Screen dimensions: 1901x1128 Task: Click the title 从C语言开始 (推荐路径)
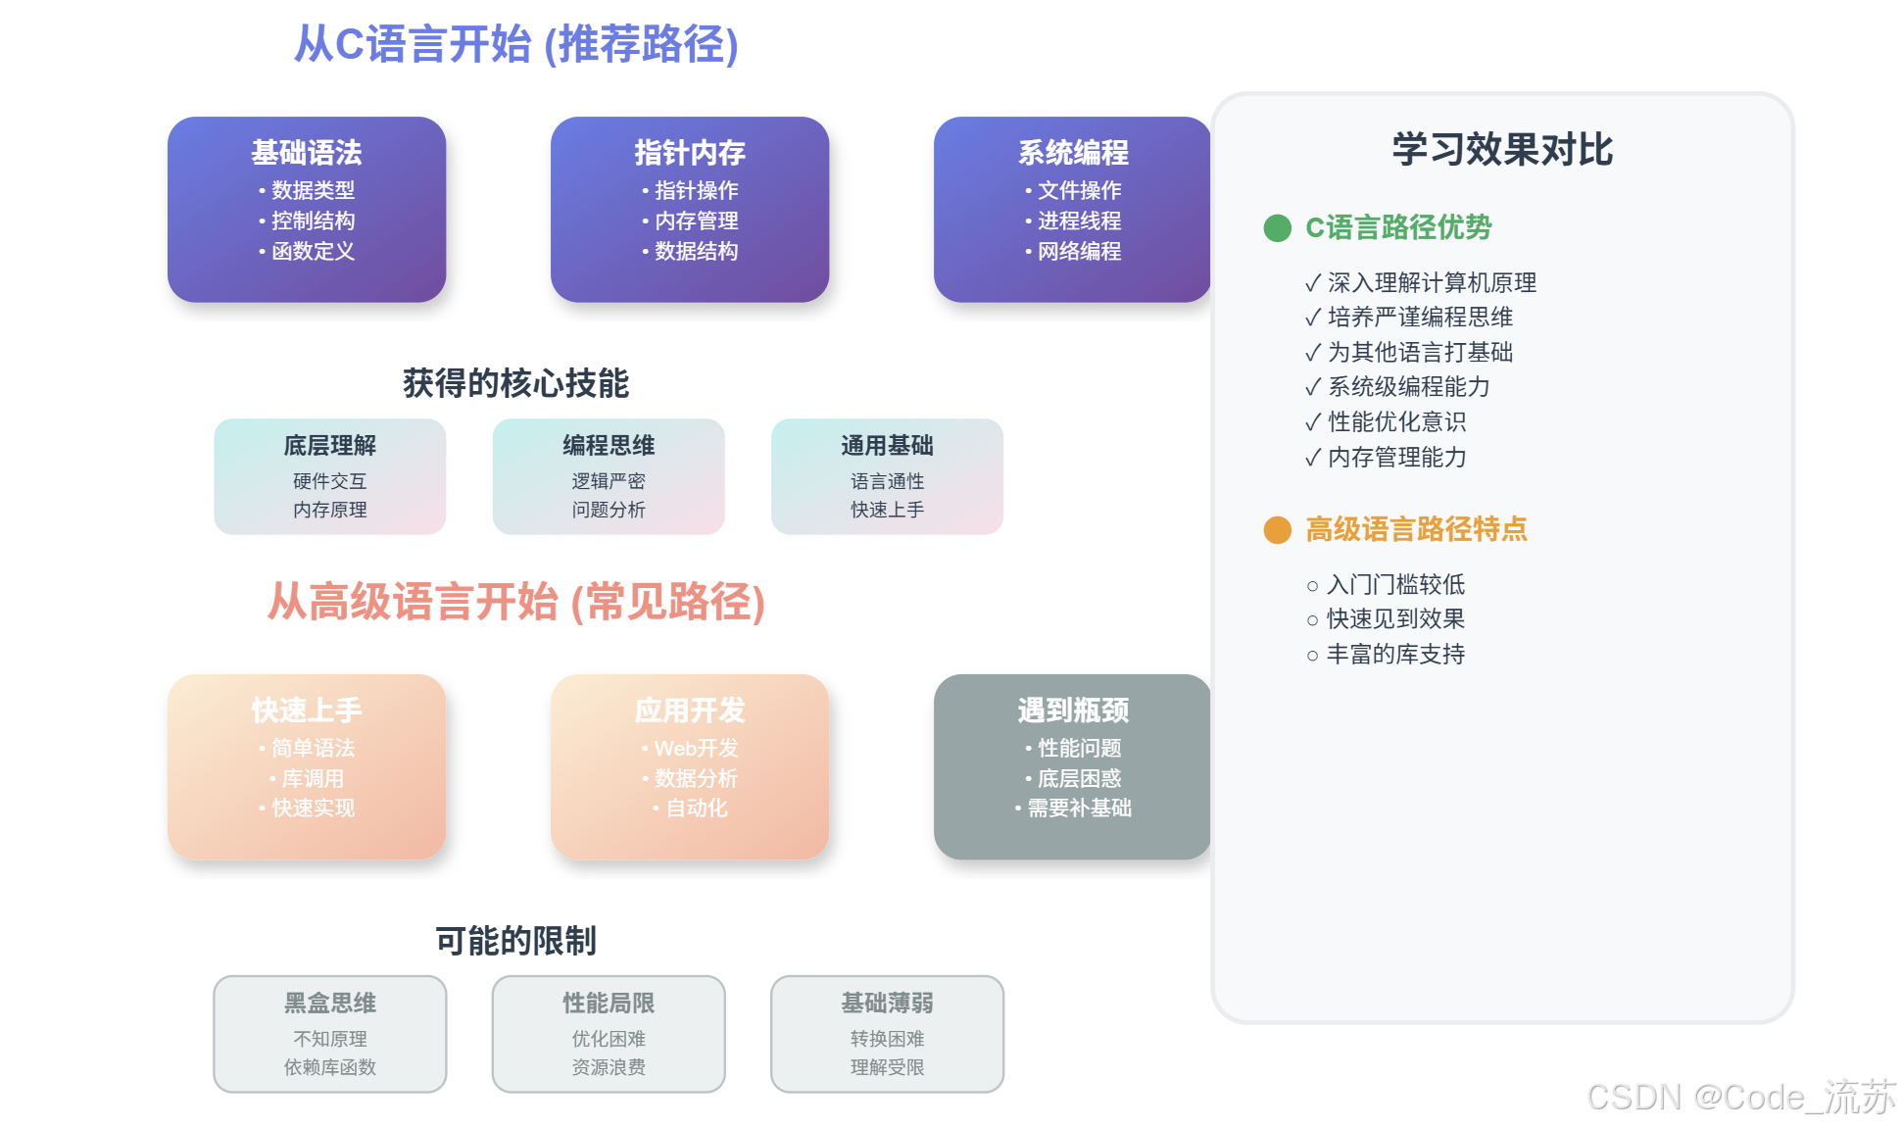point(516,44)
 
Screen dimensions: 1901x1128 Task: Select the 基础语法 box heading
point(306,152)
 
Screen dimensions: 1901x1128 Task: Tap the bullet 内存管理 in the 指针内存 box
point(696,221)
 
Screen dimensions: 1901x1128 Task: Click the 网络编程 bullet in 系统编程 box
point(1079,251)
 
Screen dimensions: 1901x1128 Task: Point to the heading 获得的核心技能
point(515,383)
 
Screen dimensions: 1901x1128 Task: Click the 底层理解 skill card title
point(330,446)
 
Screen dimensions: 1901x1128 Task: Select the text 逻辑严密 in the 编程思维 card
point(609,481)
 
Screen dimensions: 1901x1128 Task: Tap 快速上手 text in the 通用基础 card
point(887,510)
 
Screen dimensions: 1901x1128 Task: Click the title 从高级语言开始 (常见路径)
point(516,602)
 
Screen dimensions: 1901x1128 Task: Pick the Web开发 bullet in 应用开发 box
point(696,748)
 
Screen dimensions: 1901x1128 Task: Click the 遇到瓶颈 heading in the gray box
point(1073,710)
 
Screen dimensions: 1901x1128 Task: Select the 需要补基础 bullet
point(1079,808)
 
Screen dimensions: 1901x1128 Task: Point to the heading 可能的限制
point(515,941)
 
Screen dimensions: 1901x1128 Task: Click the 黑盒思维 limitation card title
point(330,1003)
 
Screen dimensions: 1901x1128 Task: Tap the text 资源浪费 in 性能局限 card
point(609,1067)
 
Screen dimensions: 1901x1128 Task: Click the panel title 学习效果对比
point(1502,150)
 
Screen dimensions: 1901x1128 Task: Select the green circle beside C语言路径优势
point(1277,228)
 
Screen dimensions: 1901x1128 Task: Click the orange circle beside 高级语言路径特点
point(1277,530)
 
